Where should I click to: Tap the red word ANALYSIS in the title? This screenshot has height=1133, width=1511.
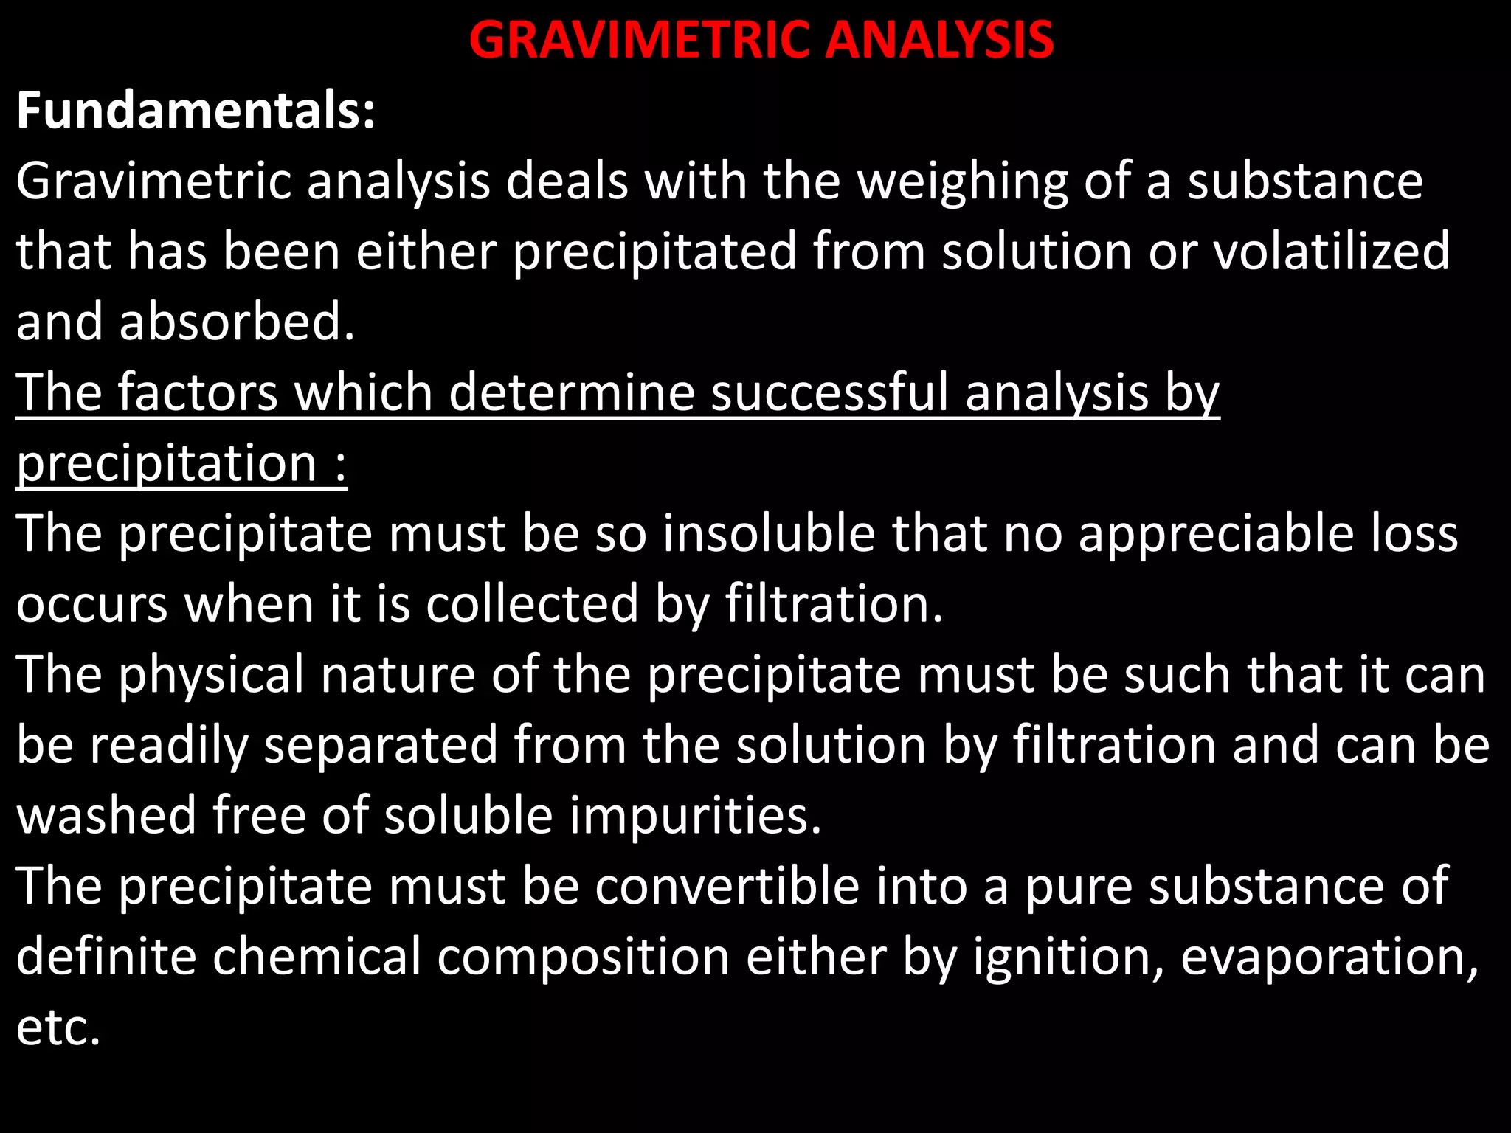click(x=939, y=40)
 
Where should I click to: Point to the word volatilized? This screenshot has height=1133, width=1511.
click(x=1332, y=252)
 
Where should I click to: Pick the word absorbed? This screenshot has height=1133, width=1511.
click(x=237, y=322)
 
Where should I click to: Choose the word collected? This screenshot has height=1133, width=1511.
click(x=532, y=603)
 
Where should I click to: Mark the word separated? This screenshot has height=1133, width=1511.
click(x=381, y=745)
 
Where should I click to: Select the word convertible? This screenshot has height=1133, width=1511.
click(x=727, y=885)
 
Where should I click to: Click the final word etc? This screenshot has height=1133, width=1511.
click(x=58, y=1028)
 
